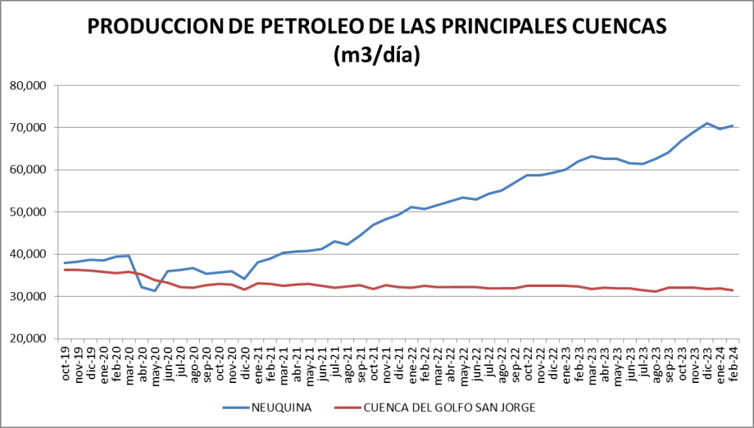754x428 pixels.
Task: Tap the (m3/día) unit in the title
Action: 376,55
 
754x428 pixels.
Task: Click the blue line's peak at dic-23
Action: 707,123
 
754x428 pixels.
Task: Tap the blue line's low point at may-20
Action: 155,291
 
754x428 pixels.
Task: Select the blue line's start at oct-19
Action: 65,263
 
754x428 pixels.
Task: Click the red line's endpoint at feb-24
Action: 733,290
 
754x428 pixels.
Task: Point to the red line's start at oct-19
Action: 65,269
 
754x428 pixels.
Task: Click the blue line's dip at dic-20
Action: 244,279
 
